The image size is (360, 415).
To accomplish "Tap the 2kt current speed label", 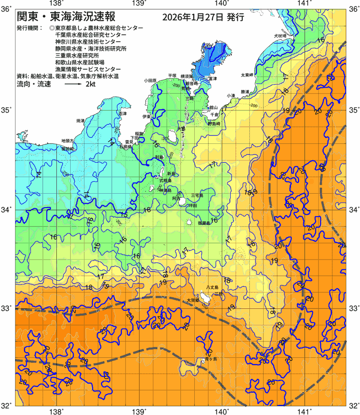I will (x=90, y=84).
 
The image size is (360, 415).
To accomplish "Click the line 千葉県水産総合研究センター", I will (x=90, y=35).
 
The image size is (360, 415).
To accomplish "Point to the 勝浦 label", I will (x=245, y=92).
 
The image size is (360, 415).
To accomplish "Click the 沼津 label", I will (x=122, y=113).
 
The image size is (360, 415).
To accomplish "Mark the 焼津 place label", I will (x=80, y=120).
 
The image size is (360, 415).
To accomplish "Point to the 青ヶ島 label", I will (x=211, y=358).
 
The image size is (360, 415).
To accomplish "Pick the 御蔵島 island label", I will (x=204, y=223).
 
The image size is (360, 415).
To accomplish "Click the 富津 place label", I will (x=212, y=79).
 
